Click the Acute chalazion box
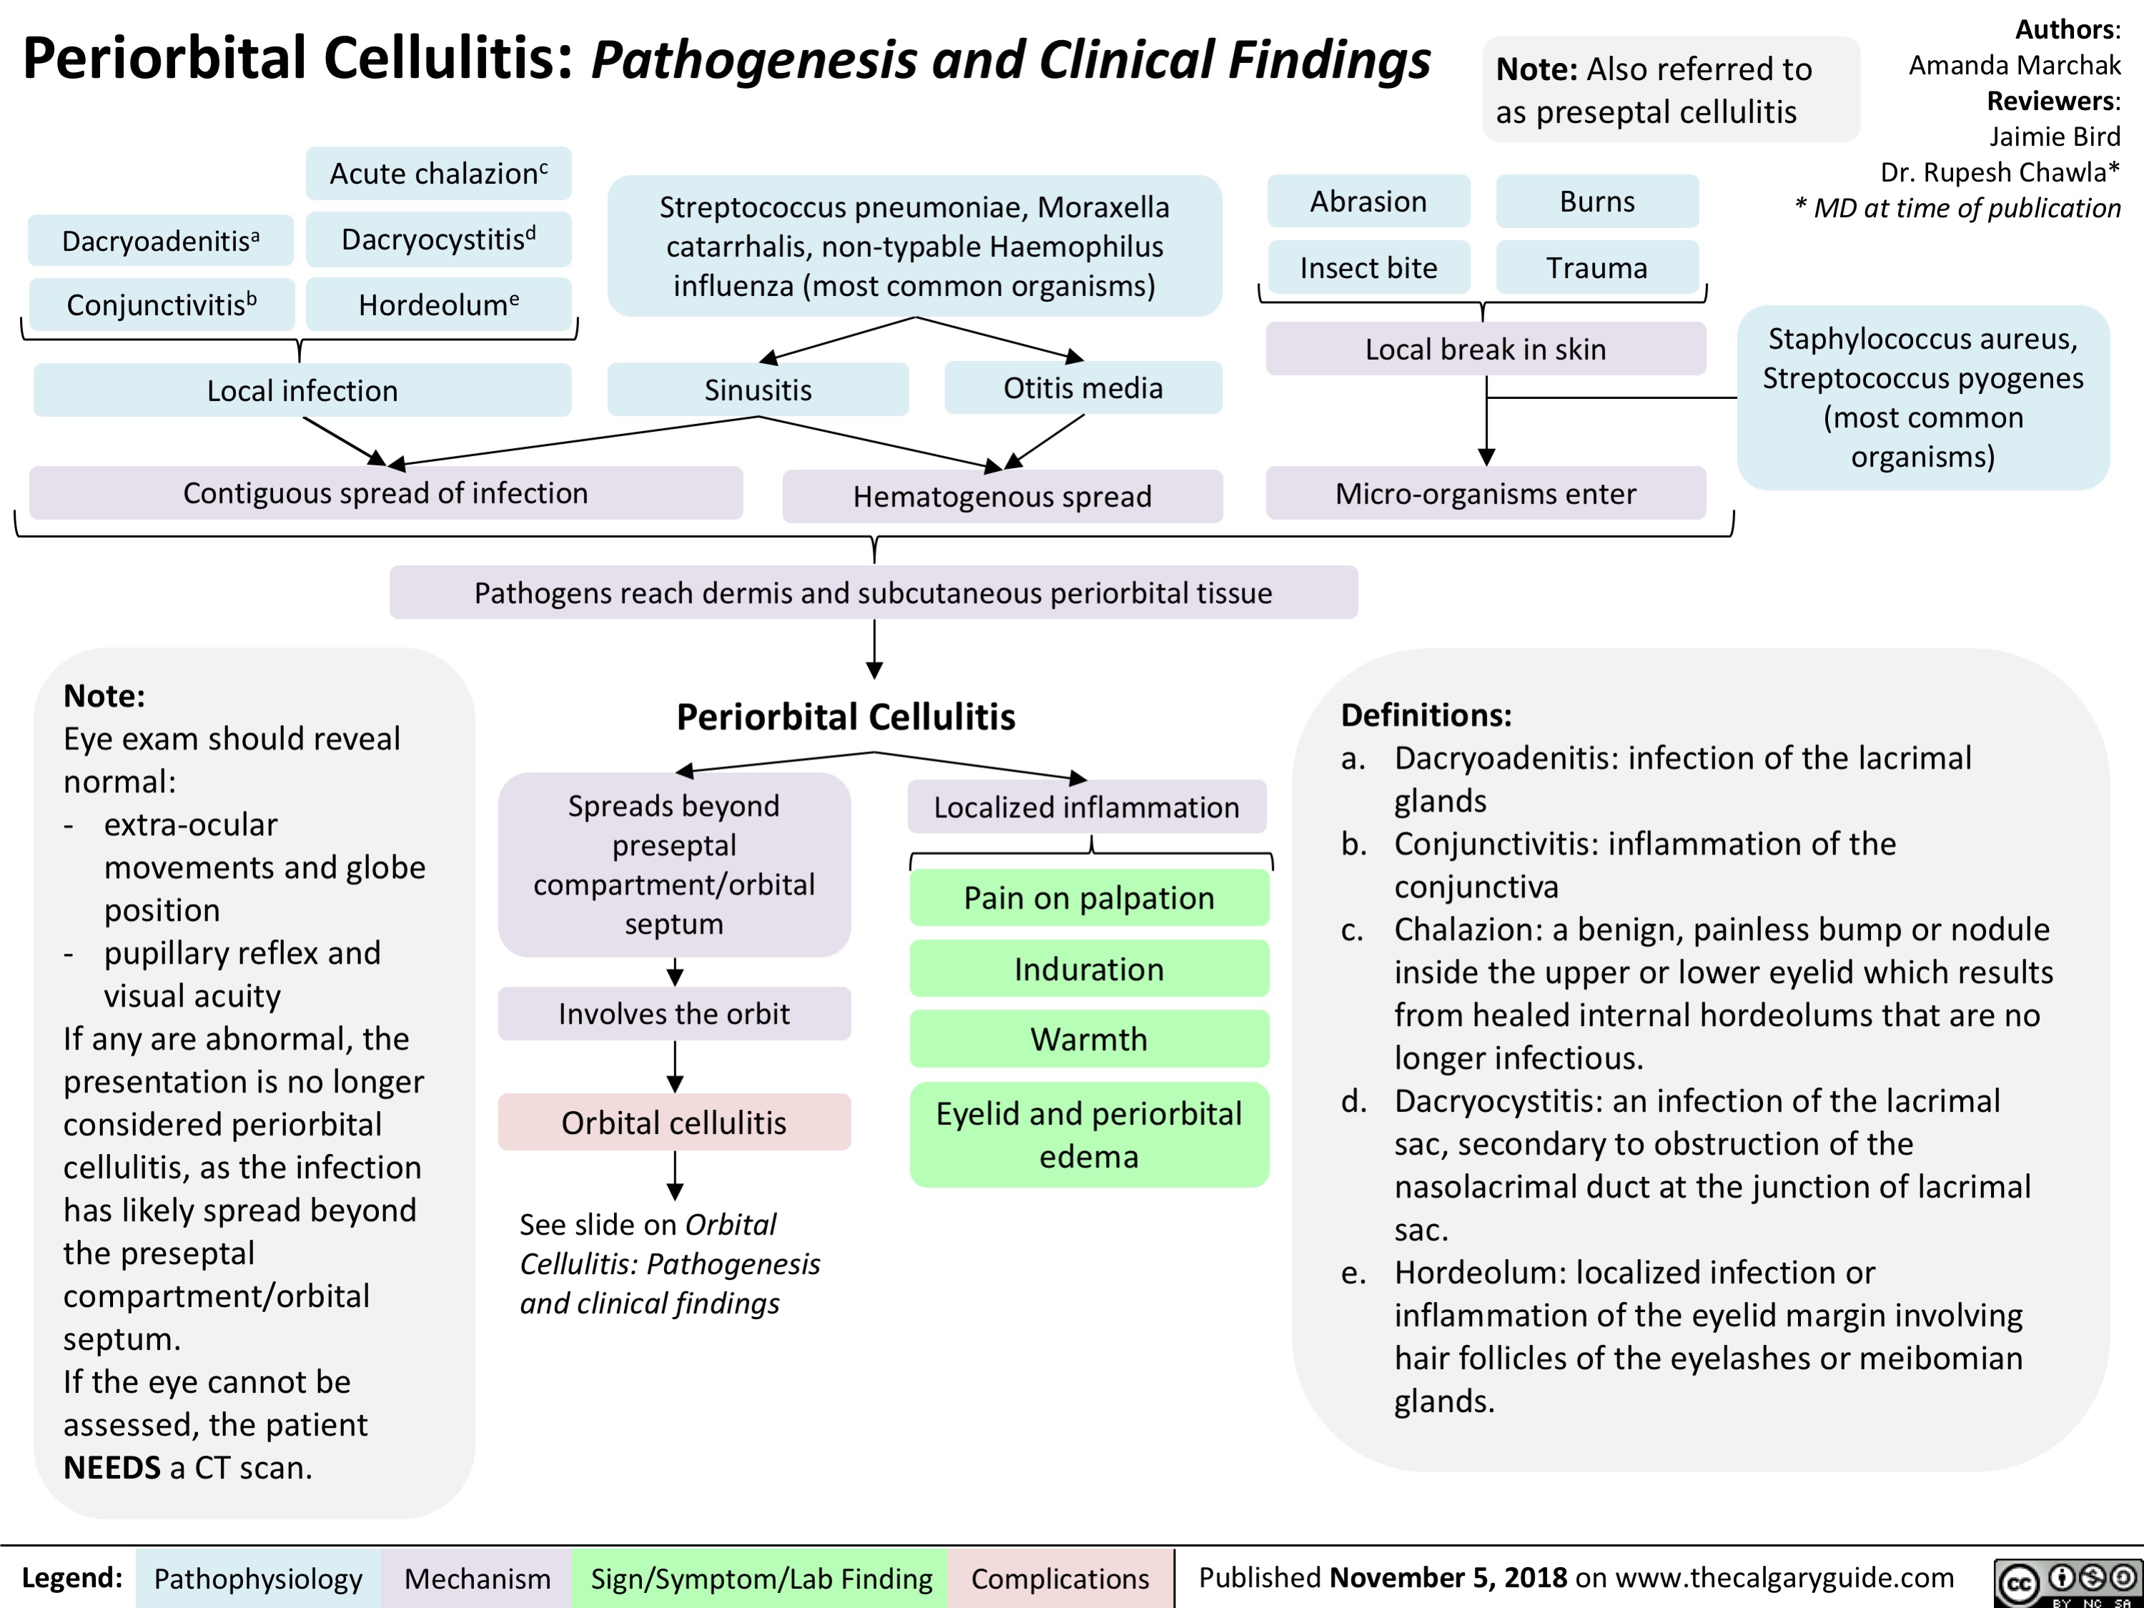click(x=438, y=174)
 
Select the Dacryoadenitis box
click(x=161, y=240)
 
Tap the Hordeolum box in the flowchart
click(x=438, y=305)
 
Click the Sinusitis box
click(x=758, y=390)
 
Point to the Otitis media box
click(x=1082, y=388)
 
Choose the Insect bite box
click(x=1368, y=267)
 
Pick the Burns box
click(x=1596, y=202)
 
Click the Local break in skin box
click(x=1485, y=349)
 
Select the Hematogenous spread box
click(x=1002, y=496)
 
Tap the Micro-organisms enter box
click(x=1485, y=493)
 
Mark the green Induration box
click(x=1089, y=970)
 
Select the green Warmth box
click(x=1089, y=1039)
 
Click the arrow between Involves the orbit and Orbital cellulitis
click(x=676, y=1066)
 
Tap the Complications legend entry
click(x=1059, y=1579)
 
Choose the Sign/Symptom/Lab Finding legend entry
click(x=761, y=1579)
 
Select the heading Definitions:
click(x=1426, y=715)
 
